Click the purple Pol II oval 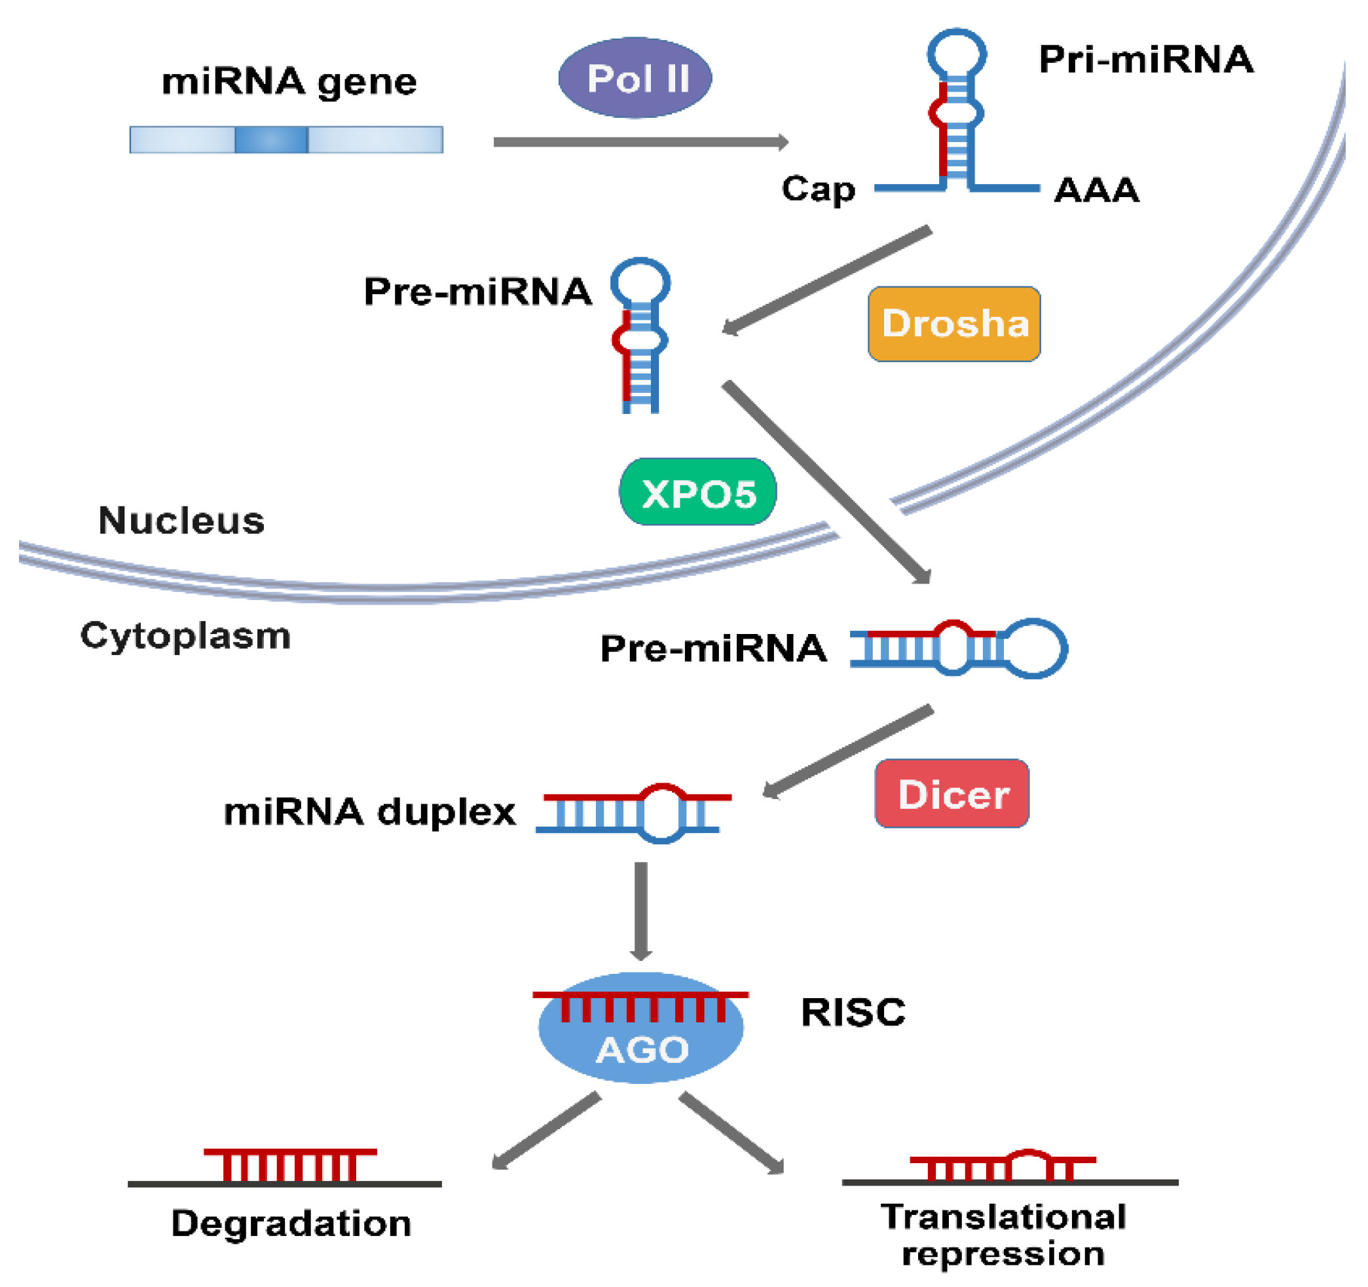pyautogui.click(x=635, y=78)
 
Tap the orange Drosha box pyautogui.click(x=953, y=324)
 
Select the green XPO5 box pyautogui.click(x=698, y=492)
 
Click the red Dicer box pyautogui.click(x=952, y=794)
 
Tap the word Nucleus pyautogui.click(x=181, y=520)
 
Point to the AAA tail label pyautogui.click(x=1096, y=189)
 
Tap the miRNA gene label pyautogui.click(x=289, y=81)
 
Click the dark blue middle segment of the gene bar pyautogui.click(x=271, y=140)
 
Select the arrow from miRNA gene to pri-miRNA pyautogui.click(x=640, y=141)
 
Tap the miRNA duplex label pyautogui.click(x=369, y=811)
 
